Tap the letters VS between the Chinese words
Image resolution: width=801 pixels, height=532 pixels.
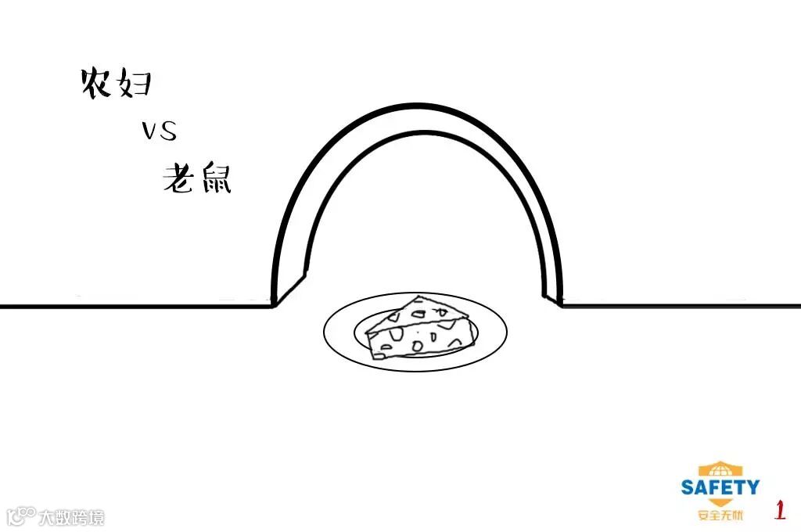coord(160,131)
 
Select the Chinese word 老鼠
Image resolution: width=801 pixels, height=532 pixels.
coord(197,179)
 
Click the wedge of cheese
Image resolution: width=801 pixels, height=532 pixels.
coord(422,329)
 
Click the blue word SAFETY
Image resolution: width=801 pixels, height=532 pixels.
coord(720,487)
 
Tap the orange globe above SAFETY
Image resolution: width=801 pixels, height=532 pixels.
coord(720,470)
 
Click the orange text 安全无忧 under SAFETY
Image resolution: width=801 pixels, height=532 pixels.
coord(720,516)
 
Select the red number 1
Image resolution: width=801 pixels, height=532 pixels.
coord(780,511)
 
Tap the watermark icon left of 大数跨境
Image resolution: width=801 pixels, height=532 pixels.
coord(21,516)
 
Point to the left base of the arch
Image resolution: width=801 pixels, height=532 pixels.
coord(274,302)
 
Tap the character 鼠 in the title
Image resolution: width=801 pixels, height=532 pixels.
coord(215,179)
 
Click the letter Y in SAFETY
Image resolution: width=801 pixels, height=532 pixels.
coord(751,487)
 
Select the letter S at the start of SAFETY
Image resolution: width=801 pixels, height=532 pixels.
coord(688,487)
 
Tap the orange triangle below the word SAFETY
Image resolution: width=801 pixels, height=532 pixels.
coord(720,502)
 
